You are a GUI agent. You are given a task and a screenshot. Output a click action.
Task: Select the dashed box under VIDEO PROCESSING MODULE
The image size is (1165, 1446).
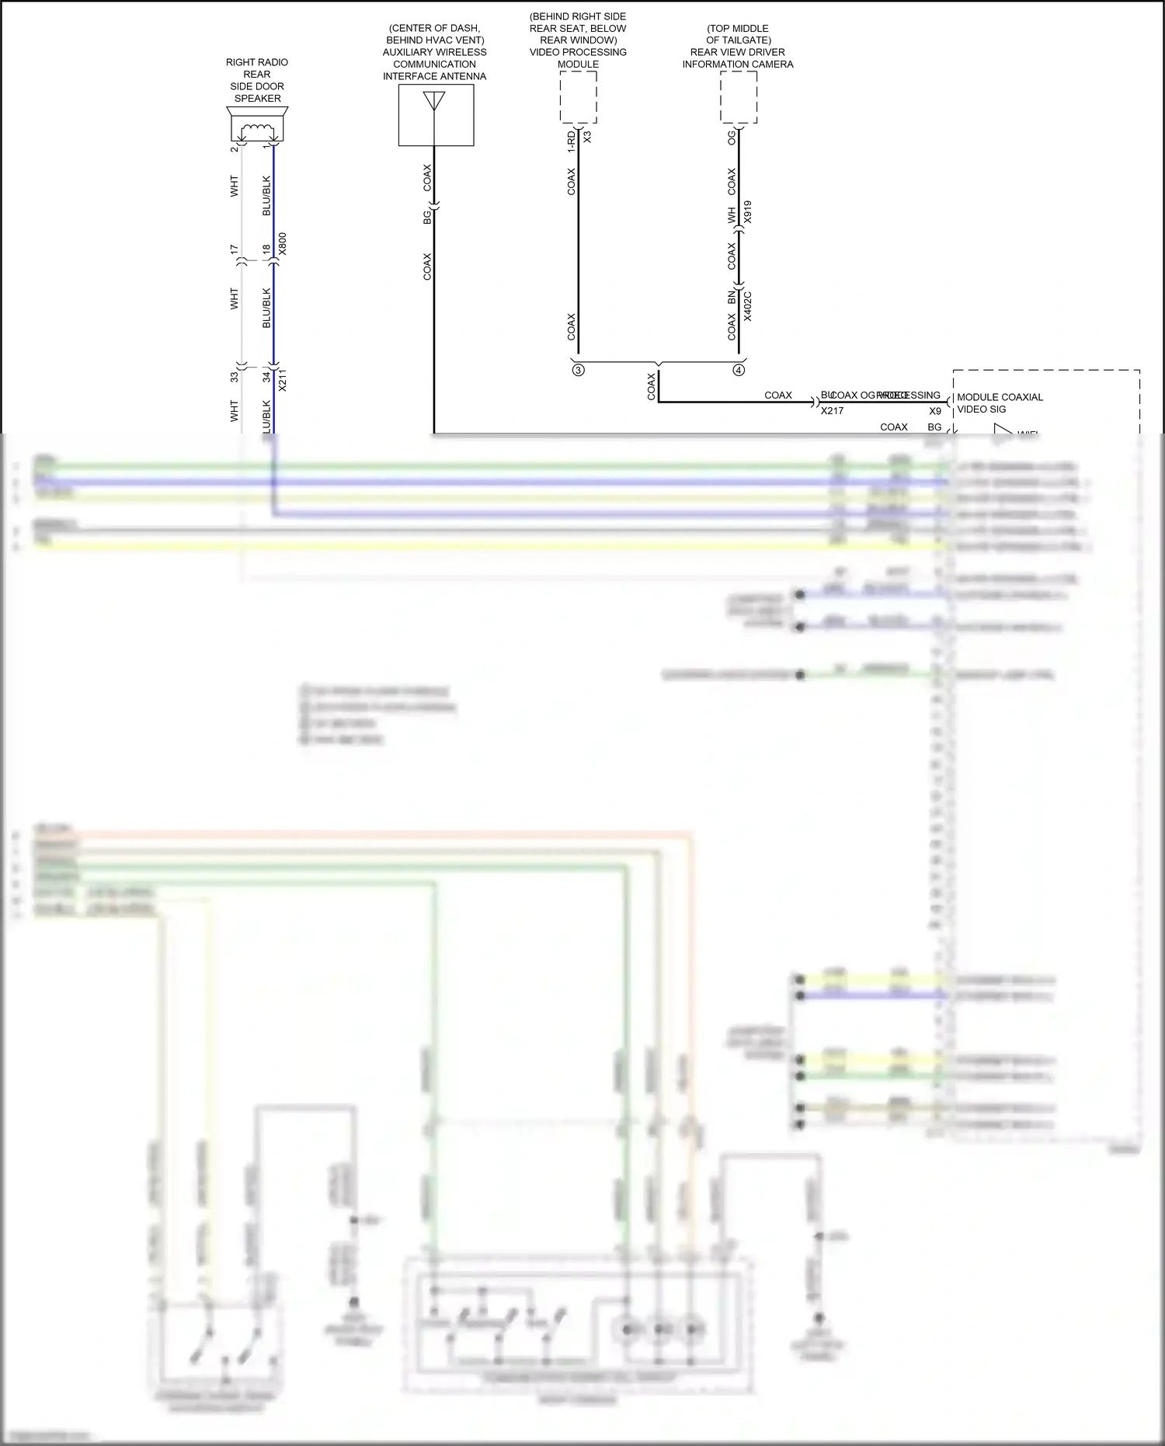coord(578,97)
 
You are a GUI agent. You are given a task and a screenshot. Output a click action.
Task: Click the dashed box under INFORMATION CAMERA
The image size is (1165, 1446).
coord(738,97)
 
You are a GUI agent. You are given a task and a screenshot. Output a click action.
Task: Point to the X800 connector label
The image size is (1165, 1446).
coord(283,244)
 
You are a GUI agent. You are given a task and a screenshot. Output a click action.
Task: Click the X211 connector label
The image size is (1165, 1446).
coord(283,380)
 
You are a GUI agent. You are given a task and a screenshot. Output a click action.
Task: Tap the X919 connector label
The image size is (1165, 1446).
coord(747,212)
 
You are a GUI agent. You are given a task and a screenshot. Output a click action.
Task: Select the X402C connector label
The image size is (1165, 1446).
coord(747,306)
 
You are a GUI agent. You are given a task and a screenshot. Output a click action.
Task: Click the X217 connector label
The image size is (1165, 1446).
coord(832,411)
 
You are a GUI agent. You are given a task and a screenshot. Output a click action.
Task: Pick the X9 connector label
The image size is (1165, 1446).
coord(935,411)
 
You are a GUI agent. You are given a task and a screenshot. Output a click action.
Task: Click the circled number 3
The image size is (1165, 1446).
coord(579,371)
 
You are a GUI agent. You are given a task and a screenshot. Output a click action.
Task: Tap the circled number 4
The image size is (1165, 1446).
coord(739,371)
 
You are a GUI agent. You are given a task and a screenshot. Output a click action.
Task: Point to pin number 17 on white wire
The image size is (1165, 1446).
coord(234,249)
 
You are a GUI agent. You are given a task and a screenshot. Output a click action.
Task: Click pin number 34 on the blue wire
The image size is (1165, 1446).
coord(266,377)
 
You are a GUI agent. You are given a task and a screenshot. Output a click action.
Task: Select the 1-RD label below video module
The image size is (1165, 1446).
coord(571,141)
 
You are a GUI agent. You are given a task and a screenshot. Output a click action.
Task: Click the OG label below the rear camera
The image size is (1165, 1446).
coord(731,138)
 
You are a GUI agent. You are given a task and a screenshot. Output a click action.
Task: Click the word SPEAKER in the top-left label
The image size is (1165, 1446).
coord(257,99)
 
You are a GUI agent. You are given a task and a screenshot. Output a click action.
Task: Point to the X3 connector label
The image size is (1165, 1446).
coord(587,137)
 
